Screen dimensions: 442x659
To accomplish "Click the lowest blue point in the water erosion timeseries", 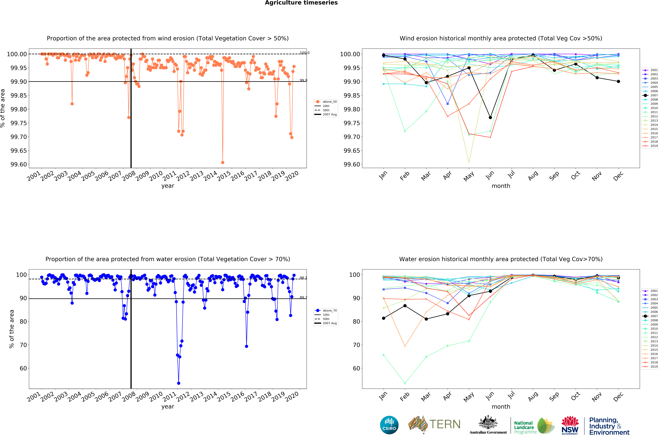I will click(178, 383).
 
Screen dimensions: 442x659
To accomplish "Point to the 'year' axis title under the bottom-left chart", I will click(168, 406).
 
